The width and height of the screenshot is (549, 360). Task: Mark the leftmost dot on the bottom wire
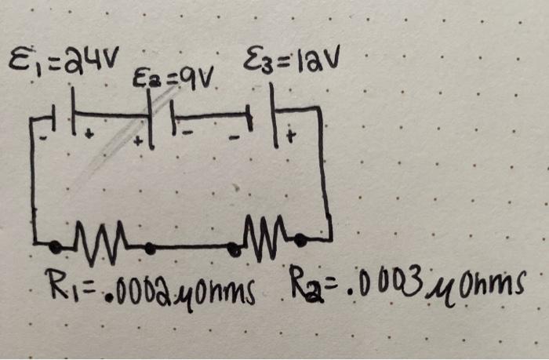tap(55, 246)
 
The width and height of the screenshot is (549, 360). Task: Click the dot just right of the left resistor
tap(149, 249)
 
